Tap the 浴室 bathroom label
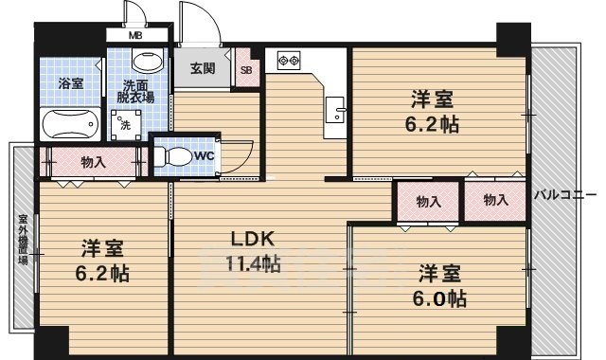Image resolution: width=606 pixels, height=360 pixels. coord(69,83)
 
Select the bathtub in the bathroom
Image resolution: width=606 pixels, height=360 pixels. coord(69,122)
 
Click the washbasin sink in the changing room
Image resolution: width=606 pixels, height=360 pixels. coord(146,63)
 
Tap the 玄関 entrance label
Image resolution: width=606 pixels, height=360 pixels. coord(203,69)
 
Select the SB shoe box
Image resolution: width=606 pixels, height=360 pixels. coord(246,70)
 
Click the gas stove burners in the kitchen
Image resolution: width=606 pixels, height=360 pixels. coord(287,61)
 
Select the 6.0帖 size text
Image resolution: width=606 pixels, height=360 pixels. coord(443,297)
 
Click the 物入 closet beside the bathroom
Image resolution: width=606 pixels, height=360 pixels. coord(94,163)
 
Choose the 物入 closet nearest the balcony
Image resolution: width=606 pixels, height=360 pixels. coord(494,200)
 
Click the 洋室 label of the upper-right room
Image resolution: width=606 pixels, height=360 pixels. coord(432,98)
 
